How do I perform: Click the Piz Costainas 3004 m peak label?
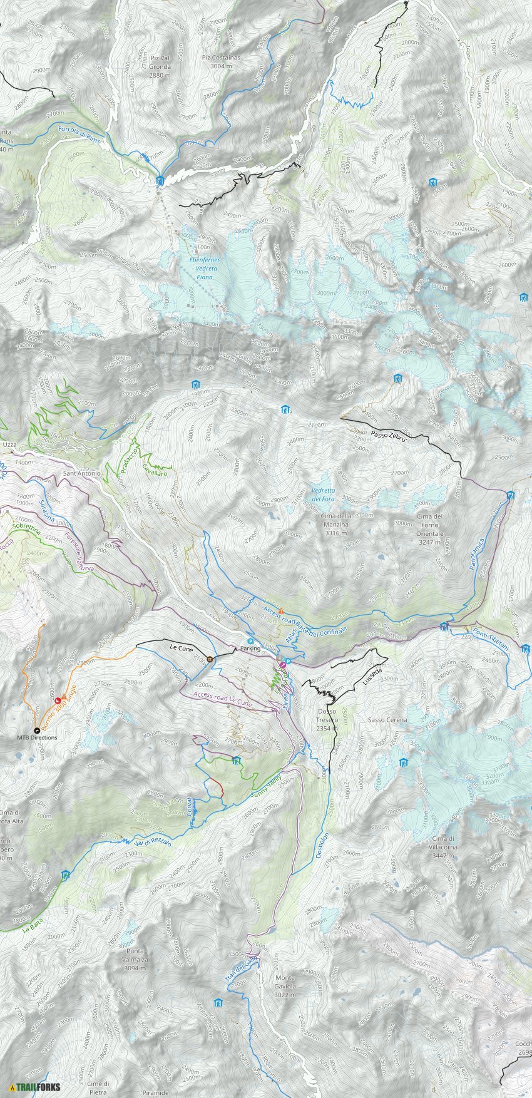point(221,61)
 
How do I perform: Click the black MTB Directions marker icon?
point(36,730)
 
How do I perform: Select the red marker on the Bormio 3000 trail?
point(58,700)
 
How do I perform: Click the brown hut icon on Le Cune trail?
point(210,658)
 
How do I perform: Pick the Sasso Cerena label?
point(387,720)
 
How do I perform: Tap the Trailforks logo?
point(35,1086)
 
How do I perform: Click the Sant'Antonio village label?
point(81,473)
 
